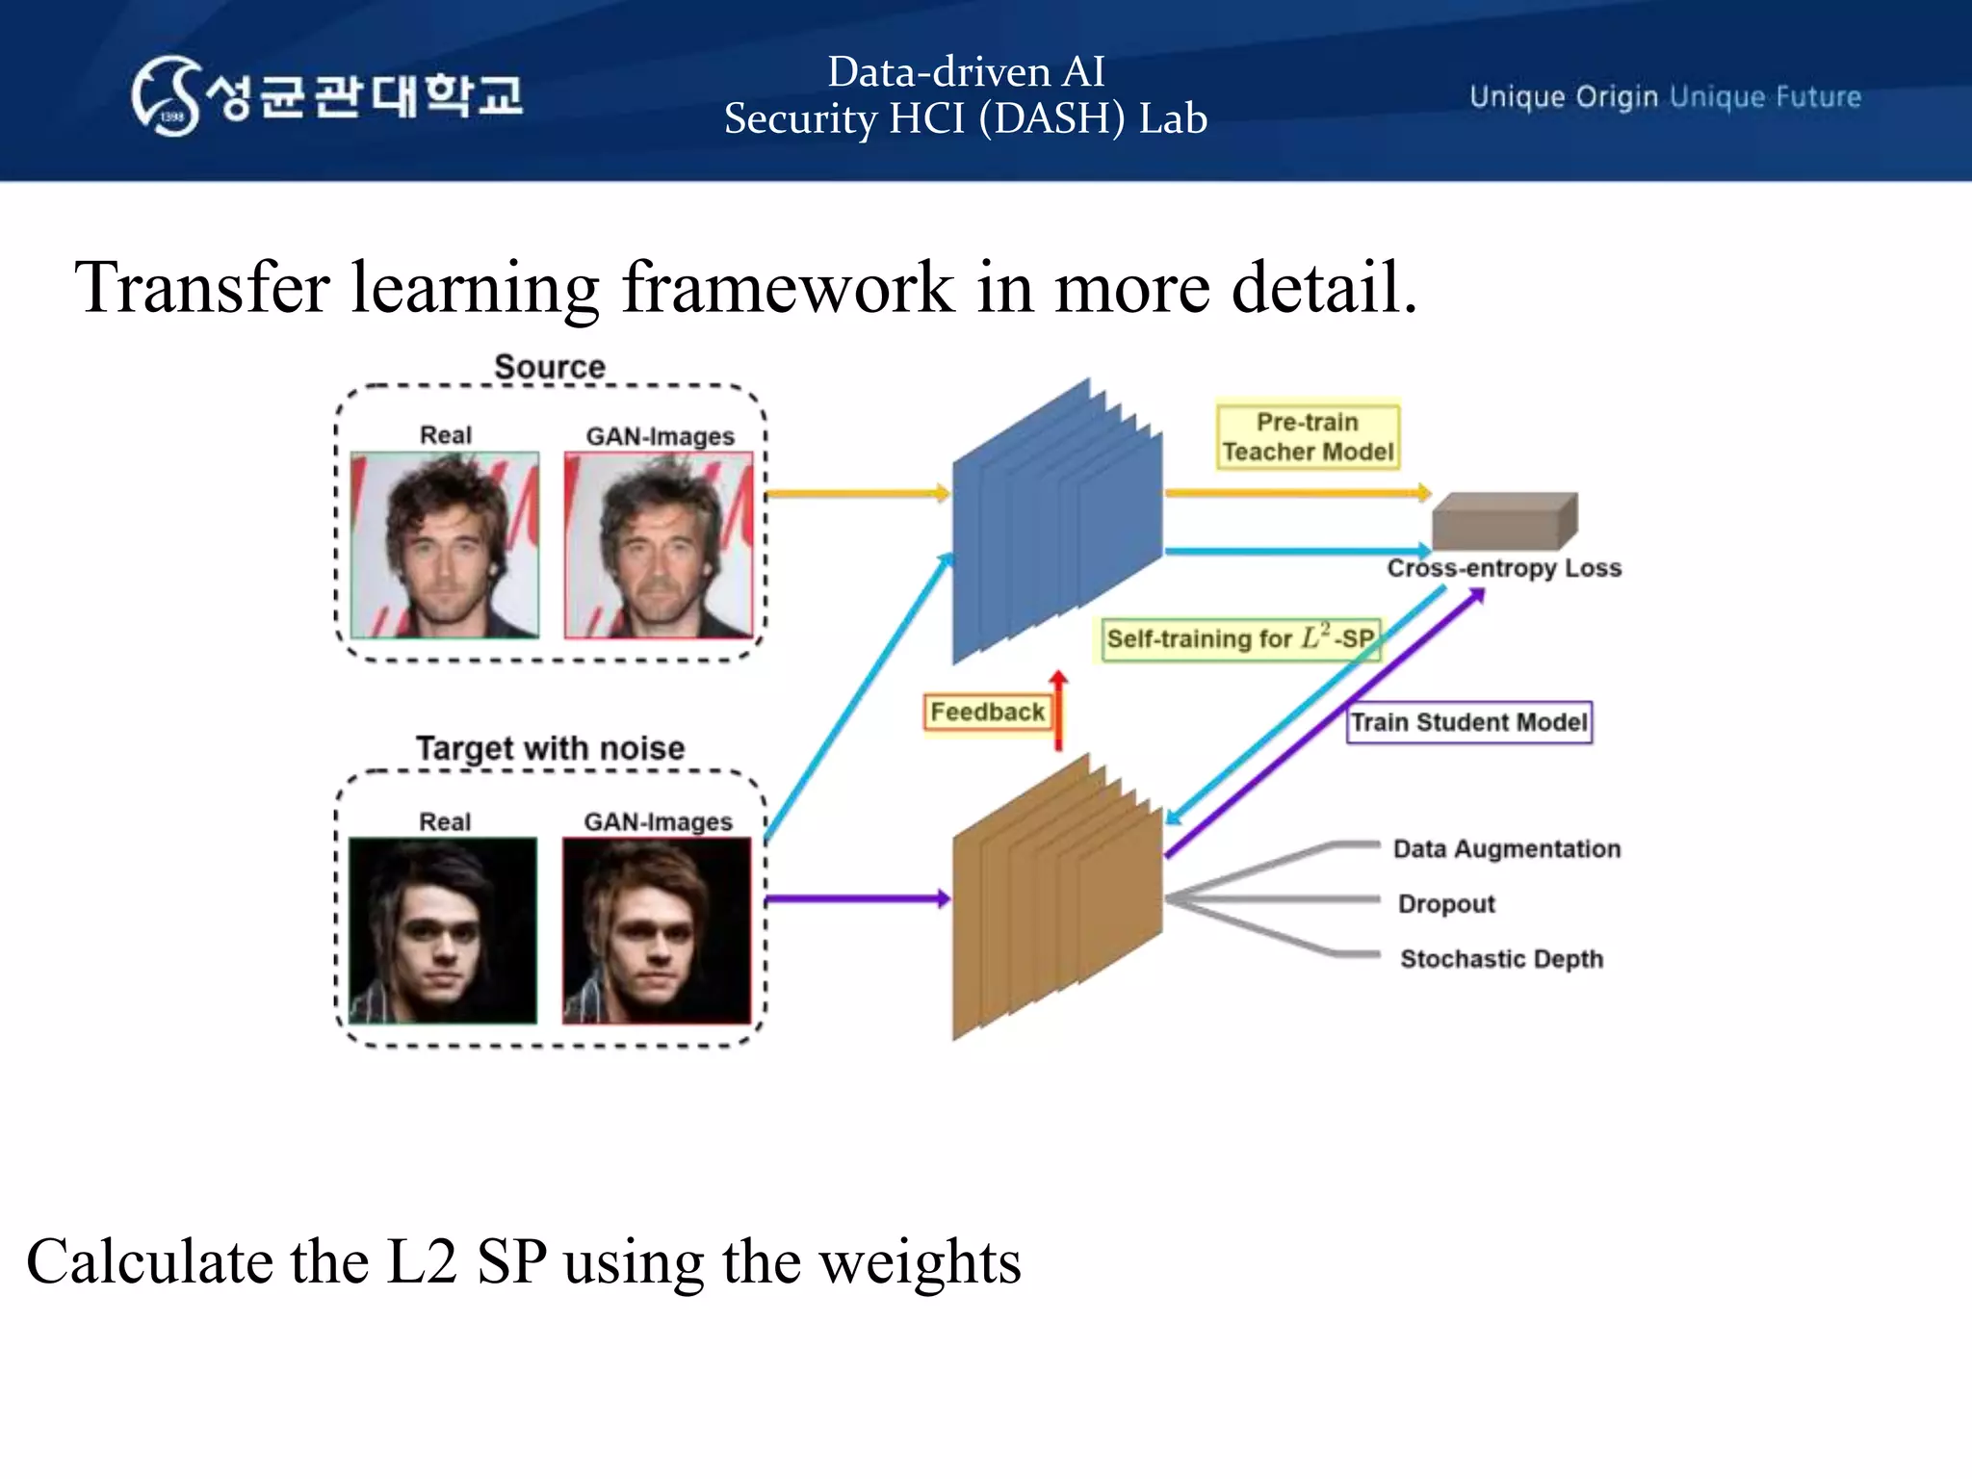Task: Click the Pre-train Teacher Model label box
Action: point(1308,436)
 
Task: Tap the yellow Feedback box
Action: point(987,712)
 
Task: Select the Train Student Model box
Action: point(1468,722)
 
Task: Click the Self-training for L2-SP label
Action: point(1240,639)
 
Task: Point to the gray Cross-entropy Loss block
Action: point(1503,522)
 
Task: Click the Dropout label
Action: point(1446,903)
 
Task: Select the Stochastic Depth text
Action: point(1501,959)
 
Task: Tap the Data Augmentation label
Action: point(1507,848)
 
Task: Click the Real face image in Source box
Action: point(445,545)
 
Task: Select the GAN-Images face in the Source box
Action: point(659,545)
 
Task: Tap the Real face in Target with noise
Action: point(443,930)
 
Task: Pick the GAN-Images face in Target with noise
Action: point(657,930)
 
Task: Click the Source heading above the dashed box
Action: point(550,367)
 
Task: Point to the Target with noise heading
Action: point(550,748)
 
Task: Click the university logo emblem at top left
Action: point(167,96)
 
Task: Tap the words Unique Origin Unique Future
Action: point(1665,97)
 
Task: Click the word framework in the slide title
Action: point(788,287)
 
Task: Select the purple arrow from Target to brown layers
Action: point(857,899)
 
